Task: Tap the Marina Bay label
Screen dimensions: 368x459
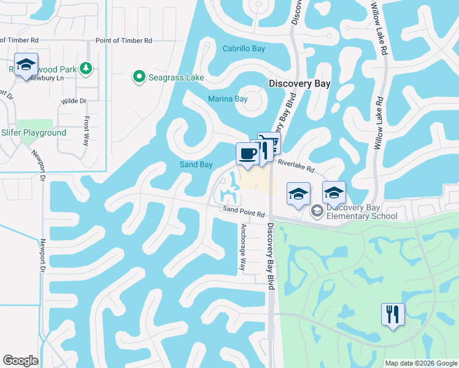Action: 227,99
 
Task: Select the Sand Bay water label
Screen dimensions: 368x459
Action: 196,164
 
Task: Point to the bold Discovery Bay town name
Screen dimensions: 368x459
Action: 299,84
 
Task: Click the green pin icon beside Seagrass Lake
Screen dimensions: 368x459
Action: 139,77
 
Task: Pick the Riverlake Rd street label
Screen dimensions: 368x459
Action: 296,164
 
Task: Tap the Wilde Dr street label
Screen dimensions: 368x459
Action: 74,101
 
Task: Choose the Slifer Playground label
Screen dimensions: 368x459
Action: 34,132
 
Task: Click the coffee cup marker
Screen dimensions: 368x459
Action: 247,153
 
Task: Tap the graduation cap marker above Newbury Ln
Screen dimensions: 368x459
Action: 26,64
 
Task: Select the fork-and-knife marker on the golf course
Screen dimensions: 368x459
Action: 392,314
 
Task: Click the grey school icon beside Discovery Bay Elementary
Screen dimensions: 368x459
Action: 317,212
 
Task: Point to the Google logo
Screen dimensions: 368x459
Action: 20,361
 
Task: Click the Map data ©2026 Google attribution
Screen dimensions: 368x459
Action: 421,363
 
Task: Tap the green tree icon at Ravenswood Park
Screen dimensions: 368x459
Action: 87,68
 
